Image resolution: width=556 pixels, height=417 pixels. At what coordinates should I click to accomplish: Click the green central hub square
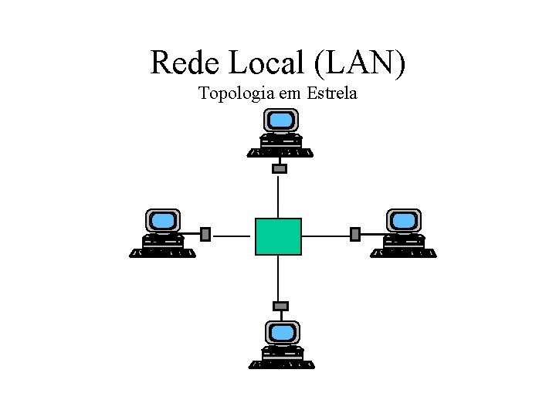click(278, 236)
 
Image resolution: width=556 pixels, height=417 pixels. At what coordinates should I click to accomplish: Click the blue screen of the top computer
click(280, 120)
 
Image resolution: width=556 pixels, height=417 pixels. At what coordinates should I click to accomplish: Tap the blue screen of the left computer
click(163, 221)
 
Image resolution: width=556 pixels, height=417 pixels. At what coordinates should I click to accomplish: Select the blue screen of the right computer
click(403, 221)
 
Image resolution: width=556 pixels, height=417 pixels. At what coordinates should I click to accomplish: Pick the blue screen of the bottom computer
click(281, 333)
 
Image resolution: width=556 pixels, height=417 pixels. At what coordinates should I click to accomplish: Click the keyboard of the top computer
click(280, 153)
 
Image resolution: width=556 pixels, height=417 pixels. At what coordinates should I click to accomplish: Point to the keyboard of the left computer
click(163, 253)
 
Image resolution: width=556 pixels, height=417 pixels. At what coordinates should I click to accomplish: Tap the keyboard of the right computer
click(403, 253)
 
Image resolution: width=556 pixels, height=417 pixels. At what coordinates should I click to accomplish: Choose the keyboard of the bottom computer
click(281, 364)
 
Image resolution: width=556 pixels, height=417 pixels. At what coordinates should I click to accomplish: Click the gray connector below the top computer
click(280, 168)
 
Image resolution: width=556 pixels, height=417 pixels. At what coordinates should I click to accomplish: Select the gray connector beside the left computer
click(205, 234)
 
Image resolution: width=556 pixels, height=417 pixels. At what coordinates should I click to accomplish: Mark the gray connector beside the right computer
click(355, 234)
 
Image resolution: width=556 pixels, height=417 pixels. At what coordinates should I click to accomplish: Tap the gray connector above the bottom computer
click(280, 306)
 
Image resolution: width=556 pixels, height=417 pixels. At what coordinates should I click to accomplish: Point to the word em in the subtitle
click(290, 95)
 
